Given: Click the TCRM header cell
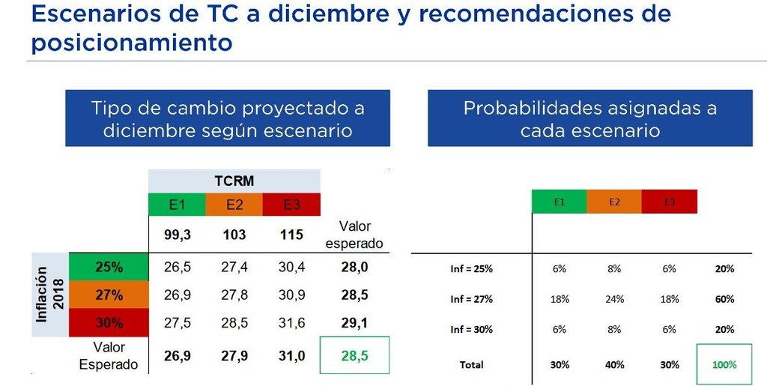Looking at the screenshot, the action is [x=234, y=181].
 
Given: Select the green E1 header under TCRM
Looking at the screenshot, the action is [x=177, y=205].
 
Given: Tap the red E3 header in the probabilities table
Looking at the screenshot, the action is [x=669, y=202].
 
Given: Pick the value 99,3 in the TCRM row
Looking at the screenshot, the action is [x=177, y=235].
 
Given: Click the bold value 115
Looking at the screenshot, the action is [x=291, y=235].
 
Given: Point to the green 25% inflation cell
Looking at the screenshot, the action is [x=109, y=267].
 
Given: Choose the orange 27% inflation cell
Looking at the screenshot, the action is [x=109, y=295].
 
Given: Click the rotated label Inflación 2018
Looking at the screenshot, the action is [x=50, y=295].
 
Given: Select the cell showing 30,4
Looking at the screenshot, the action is [x=291, y=267].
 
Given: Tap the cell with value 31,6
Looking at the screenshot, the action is [x=291, y=323].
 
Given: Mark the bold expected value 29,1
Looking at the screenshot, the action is [x=354, y=323].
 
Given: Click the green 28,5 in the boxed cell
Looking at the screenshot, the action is [x=354, y=356].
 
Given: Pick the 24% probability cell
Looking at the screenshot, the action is [x=614, y=299].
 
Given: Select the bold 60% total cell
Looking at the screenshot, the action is [x=724, y=299].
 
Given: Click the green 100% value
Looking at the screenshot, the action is [x=724, y=364].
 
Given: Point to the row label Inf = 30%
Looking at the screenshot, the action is [x=472, y=329].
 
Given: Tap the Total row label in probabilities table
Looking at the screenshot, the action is [x=472, y=364].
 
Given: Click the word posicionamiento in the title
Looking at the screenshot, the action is [x=132, y=43].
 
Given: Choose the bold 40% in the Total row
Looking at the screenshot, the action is [x=614, y=364].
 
